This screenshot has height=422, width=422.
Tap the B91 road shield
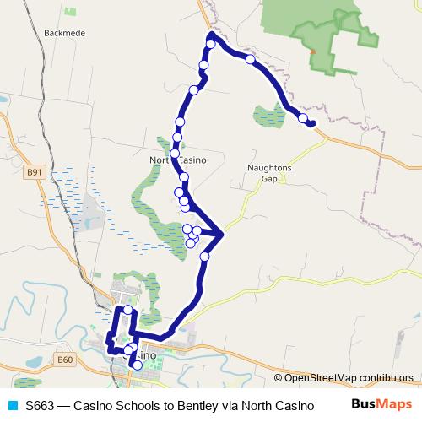coord(34,172)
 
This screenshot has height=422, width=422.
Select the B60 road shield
coord(67,360)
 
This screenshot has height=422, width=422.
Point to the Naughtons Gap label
coord(269,173)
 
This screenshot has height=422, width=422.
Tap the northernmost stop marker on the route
coord(211,44)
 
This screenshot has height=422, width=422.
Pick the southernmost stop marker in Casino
coord(138,365)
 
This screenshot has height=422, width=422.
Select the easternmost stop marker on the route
coord(302,119)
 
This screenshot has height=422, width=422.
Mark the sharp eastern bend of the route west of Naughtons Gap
coord(222,234)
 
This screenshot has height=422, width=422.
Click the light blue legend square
coord(12,405)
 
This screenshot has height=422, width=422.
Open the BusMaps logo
coord(381,404)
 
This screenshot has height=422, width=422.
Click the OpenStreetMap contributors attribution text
coord(349,378)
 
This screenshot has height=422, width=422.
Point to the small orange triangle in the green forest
coord(313,51)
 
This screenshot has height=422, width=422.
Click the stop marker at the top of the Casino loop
coord(128,310)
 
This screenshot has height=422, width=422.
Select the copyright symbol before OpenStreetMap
coord(278,378)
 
